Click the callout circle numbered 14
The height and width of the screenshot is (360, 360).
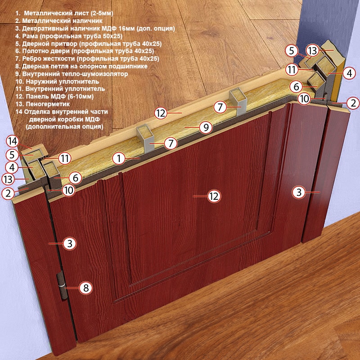(x=13, y=141)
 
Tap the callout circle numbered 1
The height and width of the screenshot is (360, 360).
(x=119, y=158)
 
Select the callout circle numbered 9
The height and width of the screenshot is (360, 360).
(x=206, y=127)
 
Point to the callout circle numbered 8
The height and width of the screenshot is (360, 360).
(x=86, y=288)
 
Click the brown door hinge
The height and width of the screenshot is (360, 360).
(x=62, y=286)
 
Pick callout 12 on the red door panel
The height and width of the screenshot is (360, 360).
(x=214, y=196)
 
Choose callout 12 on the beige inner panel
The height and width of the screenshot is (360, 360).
(x=161, y=113)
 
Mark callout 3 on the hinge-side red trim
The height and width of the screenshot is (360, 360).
(x=70, y=243)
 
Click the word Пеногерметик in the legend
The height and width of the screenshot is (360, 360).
(x=48, y=104)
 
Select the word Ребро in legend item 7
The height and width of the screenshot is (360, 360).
(x=29, y=58)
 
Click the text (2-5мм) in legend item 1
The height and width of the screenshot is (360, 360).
(x=102, y=13)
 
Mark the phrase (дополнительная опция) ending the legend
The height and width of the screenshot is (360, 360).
(x=64, y=127)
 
